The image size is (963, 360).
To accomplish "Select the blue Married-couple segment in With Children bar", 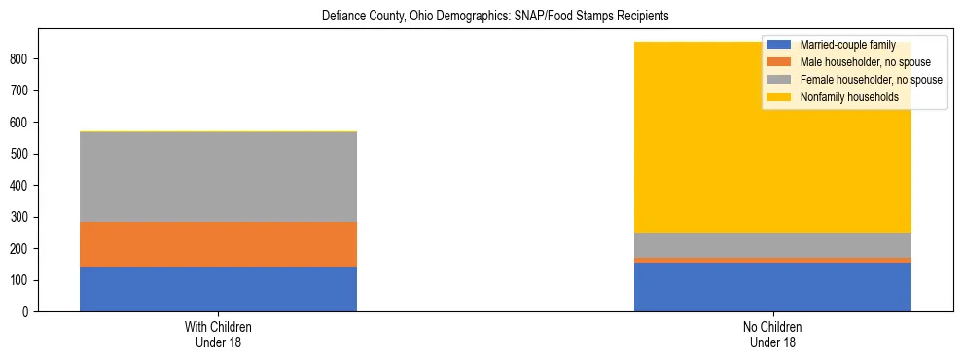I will point(218,289).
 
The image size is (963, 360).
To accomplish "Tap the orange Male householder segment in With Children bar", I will point(218,244).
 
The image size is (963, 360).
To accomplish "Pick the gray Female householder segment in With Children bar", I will point(218,176).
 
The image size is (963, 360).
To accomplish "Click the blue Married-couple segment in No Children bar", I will point(772,287).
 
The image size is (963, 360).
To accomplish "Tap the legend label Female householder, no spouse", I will point(871,80).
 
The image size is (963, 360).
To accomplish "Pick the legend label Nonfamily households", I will point(842,97).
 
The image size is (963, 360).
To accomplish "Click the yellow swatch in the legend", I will point(779,97).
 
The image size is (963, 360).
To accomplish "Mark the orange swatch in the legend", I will point(779,62).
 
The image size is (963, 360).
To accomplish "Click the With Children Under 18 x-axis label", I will point(218,335).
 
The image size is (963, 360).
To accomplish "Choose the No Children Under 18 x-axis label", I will point(772,335).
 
